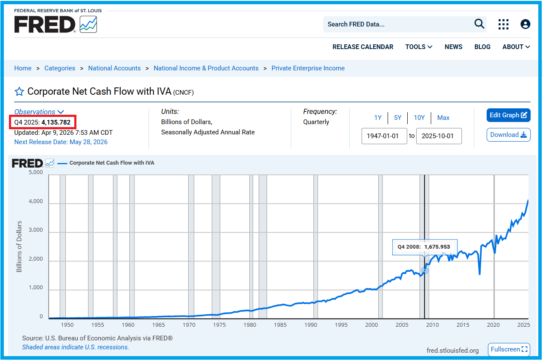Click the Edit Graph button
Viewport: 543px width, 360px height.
coord(508,115)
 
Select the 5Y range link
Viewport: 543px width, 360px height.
coord(397,118)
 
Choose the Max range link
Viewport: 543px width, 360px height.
coord(443,118)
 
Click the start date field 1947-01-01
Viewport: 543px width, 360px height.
coord(384,136)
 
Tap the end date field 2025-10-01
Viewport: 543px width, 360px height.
coord(439,136)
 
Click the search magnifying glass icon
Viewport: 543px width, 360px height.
coord(479,24)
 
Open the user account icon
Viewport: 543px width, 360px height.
coord(525,24)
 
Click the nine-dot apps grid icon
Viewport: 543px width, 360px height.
coord(503,24)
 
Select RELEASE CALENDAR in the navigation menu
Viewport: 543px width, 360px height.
coord(363,47)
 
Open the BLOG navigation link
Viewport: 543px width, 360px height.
coord(482,47)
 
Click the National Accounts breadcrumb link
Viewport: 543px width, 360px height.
coord(114,68)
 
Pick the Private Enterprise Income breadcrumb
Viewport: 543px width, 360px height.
coord(308,68)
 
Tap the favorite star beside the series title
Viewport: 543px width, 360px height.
coord(19,92)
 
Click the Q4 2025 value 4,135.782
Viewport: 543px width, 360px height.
coord(56,122)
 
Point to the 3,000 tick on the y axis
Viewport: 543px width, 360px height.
coord(35,229)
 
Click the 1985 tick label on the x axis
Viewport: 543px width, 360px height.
coord(280,325)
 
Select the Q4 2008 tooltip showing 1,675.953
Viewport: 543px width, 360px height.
coord(425,247)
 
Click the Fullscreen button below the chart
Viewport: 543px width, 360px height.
coord(509,349)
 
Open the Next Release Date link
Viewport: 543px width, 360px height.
coord(61,142)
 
